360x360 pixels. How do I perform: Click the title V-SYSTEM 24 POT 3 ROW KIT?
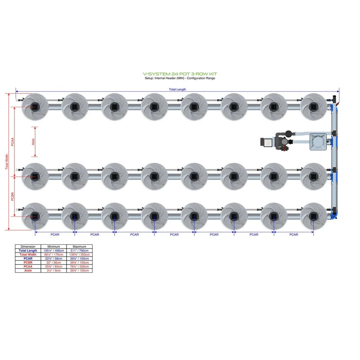coord(180,74)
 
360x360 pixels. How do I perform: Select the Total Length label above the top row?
coord(177,90)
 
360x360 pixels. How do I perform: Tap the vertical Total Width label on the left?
coord(6,162)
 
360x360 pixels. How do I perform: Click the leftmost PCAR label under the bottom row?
coord(55,234)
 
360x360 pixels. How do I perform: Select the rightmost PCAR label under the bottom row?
coord(293,234)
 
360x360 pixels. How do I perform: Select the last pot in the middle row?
coord(313,176)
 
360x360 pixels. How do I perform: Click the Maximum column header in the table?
coord(79,247)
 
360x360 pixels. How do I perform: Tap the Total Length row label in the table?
coord(28,251)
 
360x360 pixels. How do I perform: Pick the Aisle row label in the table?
coord(28,270)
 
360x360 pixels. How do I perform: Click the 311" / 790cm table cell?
coord(79,251)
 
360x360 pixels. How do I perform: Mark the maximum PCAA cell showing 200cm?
coord(79,266)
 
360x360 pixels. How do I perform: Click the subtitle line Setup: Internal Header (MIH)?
coord(180,78)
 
